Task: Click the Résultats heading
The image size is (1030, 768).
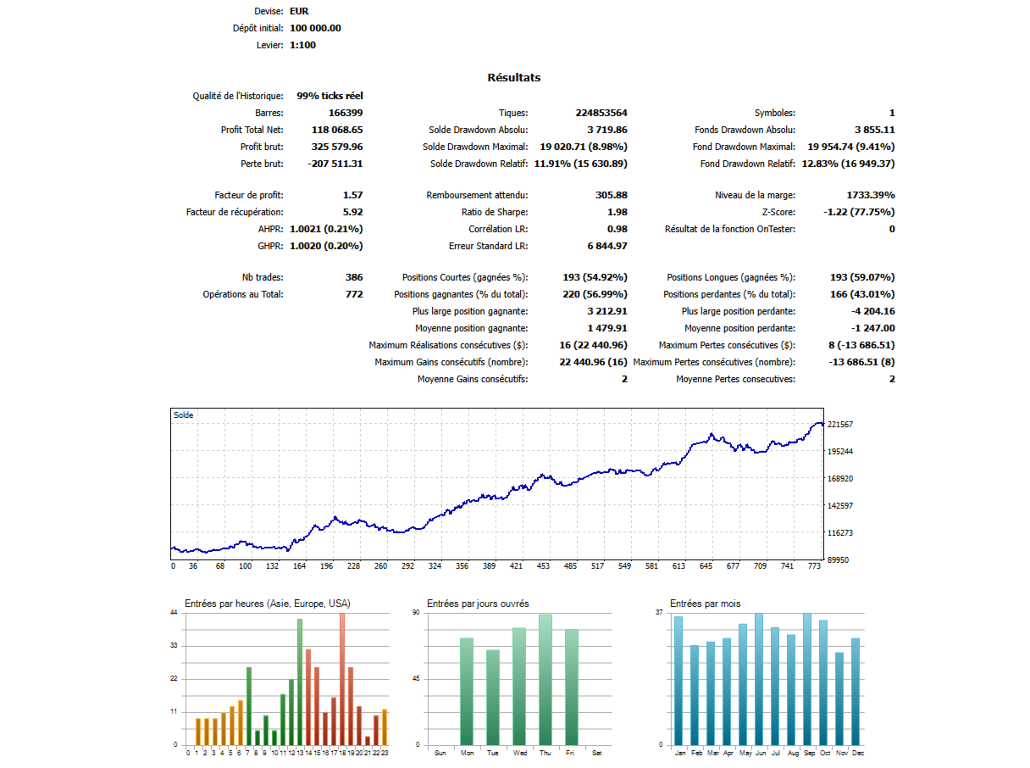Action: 513,78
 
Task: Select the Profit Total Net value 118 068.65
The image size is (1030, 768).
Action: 325,130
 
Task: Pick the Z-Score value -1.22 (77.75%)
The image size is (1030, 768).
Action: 859,212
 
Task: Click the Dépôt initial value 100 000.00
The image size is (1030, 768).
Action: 315,28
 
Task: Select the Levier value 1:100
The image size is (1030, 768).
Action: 302,45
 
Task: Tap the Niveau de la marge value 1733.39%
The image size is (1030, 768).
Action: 871,195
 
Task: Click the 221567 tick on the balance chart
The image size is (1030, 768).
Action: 840,424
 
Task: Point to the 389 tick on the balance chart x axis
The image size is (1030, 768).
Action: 489,566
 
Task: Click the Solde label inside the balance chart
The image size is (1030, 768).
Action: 183,415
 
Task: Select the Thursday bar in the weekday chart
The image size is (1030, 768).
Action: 545,679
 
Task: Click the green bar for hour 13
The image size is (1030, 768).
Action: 299,682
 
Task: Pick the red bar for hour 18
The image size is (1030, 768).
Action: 342,678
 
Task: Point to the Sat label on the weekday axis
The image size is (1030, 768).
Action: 597,753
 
